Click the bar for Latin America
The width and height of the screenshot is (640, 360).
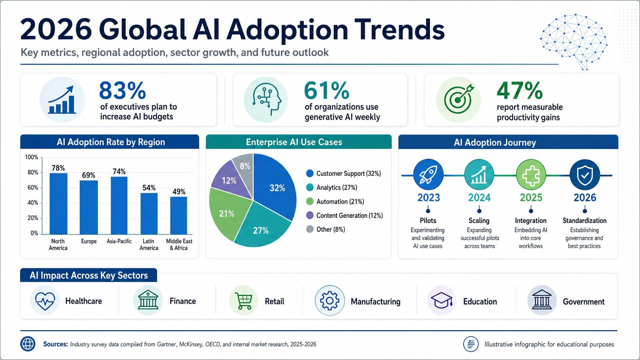coord(149,214)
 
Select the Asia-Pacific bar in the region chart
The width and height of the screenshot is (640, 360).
coord(119,205)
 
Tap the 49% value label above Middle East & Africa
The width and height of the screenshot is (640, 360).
coord(179,192)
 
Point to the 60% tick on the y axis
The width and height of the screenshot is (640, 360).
coord(33,188)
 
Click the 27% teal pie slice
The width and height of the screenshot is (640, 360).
coord(262,225)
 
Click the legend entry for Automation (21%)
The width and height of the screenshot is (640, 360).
coord(335,202)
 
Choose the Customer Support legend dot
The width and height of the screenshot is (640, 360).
coord(310,173)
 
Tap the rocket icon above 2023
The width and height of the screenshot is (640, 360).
coord(428,175)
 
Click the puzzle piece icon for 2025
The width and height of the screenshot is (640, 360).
coord(531,175)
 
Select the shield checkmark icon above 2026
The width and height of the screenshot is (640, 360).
coord(585,175)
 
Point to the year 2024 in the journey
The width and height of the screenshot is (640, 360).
coord(479,198)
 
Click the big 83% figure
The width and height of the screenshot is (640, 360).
coord(123,90)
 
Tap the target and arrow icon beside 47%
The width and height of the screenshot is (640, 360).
coord(459,99)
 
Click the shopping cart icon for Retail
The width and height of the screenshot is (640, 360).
coord(244,301)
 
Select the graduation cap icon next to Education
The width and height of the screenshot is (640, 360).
coord(442,301)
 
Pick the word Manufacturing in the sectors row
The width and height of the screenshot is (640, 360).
coord(376,302)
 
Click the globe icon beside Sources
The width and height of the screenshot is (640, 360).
coord(28,344)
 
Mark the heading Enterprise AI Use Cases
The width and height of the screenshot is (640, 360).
coord(294,142)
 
